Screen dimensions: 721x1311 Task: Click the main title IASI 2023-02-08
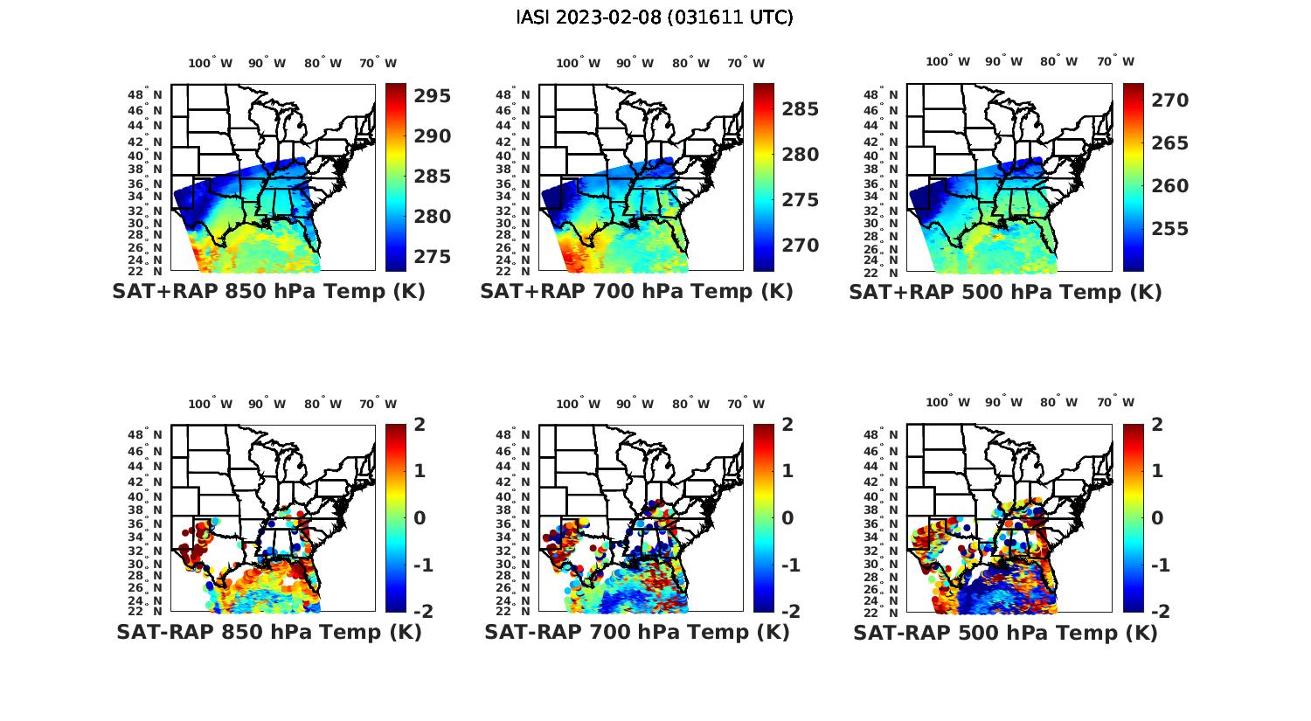[x=655, y=17]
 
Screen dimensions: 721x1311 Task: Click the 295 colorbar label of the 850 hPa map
[x=432, y=96]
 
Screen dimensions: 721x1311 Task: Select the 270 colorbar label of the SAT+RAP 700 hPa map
[x=801, y=246]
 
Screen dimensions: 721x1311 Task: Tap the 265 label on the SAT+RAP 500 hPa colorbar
[x=1169, y=143]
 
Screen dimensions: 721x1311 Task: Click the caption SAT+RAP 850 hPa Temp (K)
[x=268, y=292]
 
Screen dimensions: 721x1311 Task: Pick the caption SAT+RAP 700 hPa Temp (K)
[x=636, y=292]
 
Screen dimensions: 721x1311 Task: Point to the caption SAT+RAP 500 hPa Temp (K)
[x=1005, y=293]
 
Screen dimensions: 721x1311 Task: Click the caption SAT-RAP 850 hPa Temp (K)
[x=268, y=632]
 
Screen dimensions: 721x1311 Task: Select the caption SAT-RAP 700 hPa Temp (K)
[x=636, y=632]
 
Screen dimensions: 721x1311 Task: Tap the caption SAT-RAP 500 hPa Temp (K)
[x=1005, y=633]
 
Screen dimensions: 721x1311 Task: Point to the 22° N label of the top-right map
[x=885, y=272]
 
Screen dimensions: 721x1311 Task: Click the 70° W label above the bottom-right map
[x=1116, y=403]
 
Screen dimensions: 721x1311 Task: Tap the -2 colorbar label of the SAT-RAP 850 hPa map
[x=420, y=611]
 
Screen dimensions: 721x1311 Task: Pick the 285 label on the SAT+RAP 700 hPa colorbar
[x=801, y=109]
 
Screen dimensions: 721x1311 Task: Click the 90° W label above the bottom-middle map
[x=635, y=404]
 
